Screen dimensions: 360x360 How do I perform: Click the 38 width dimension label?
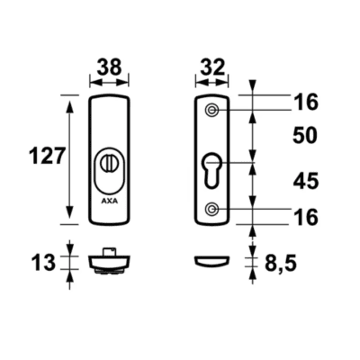[x=110, y=67]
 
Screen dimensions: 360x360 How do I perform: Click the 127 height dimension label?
[x=47, y=156]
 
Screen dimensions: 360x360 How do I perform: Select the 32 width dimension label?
[x=212, y=67]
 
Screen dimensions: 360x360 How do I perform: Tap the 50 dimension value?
[x=305, y=136]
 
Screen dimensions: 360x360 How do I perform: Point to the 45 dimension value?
[x=305, y=182]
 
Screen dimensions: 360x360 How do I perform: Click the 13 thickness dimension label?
[x=43, y=263]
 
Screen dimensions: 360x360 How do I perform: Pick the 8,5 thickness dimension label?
[x=281, y=264]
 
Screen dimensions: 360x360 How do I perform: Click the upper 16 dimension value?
[x=306, y=103]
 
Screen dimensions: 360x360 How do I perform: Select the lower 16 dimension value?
[x=306, y=217]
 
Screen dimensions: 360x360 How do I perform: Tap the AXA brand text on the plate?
[x=110, y=202]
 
